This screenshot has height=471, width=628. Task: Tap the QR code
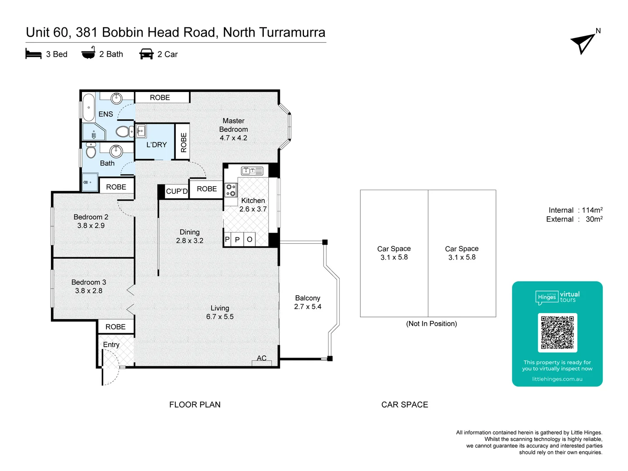[x=557, y=332]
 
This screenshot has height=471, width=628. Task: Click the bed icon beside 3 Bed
[x=34, y=54]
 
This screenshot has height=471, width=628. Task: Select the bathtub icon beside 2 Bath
[x=88, y=53]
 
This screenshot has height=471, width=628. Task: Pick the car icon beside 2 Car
[x=146, y=54]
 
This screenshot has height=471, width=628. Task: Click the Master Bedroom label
[x=233, y=125]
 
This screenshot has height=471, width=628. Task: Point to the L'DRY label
[x=156, y=145]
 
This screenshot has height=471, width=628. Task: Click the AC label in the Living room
[x=261, y=358]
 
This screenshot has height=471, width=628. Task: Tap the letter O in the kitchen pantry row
[x=249, y=239]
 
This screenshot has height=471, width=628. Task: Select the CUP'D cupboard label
[x=177, y=191]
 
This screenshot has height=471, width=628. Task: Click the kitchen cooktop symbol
[x=231, y=190]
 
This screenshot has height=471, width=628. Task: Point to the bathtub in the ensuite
[x=89, y=107]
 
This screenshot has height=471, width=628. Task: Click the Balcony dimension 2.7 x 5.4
[x=307, y=307]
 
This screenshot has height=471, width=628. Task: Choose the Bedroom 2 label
[x=91, y=217]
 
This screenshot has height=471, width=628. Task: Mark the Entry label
[x=111, y=345]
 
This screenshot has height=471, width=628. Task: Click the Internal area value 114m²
[x=592, y=210]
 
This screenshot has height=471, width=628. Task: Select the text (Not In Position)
[x=431, y=324]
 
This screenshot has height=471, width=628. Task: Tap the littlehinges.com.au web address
[x=557, y=379]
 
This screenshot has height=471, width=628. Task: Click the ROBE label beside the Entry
[x=115, y=327]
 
